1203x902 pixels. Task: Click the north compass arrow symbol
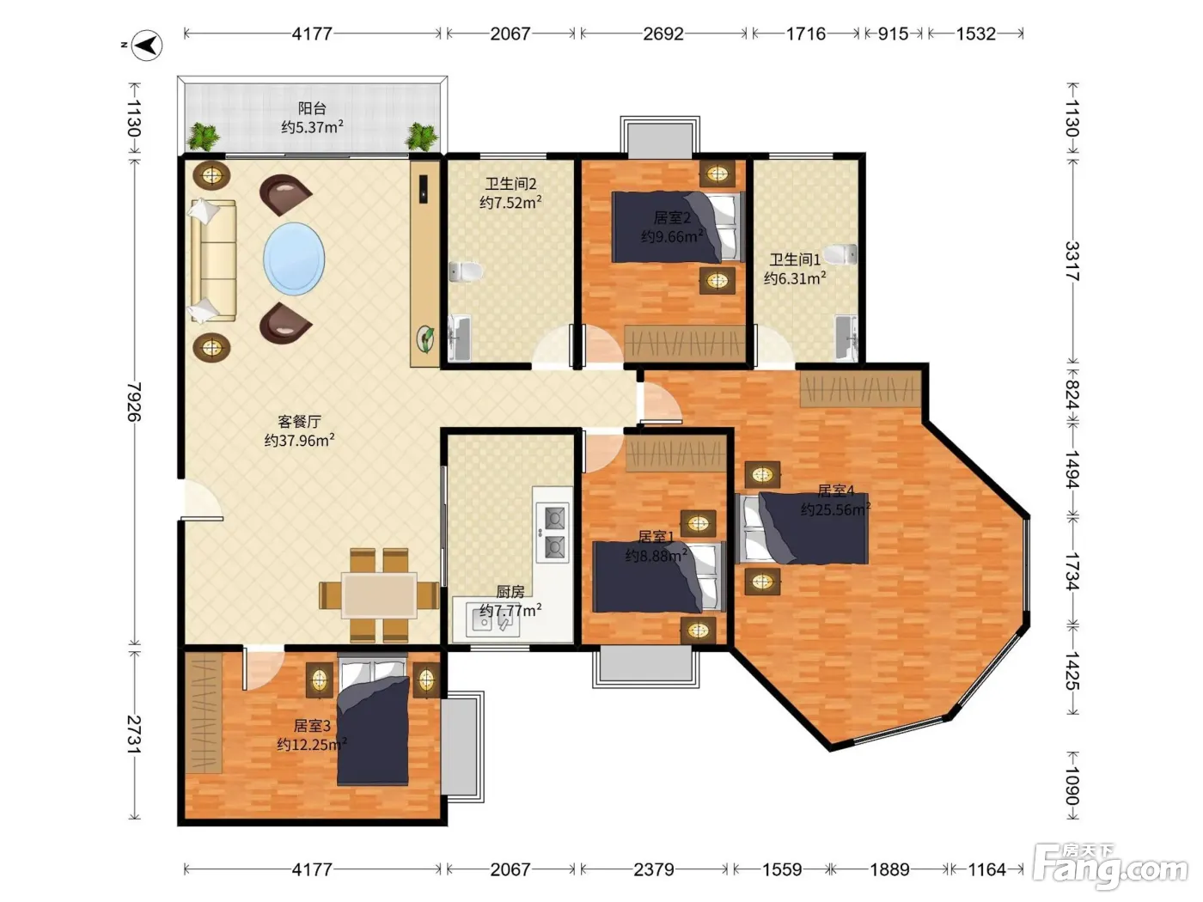pyautogui.click(x=148, y=46)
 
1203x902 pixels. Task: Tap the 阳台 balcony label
pyautogui.click(x=312, y=108)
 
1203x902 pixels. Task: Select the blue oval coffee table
pyautogui.click(x=295, y=259)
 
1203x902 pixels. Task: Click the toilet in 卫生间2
pyautogui.click(x=466, y=271)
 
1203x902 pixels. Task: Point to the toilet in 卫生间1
pyautogui.click(x=840, y=254)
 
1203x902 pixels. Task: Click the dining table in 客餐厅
pyautogui.click(x=379, y=594)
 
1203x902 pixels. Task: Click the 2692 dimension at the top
pyautogui.click(x=663, y=34)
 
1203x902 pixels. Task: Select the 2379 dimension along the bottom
pyautogui.click(x=654, y=869)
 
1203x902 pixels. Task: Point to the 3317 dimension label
pyautogui.click(x=1072, y=261)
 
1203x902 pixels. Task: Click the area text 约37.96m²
pyautogui.click(x=299, y=441)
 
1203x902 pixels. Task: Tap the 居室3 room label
pyautogui.click(x=312, y=726)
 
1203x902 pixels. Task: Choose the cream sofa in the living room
pyautogui.click(x=213, y=260)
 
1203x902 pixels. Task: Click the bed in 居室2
pyautogui.click(x=678, y=227)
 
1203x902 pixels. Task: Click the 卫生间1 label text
pyautogui.click(x=795, y=259)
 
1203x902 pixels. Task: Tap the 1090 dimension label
pyautogui.click(x=1072, y=785)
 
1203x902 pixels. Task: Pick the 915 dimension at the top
pyautogui.click(x=894, y=34)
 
